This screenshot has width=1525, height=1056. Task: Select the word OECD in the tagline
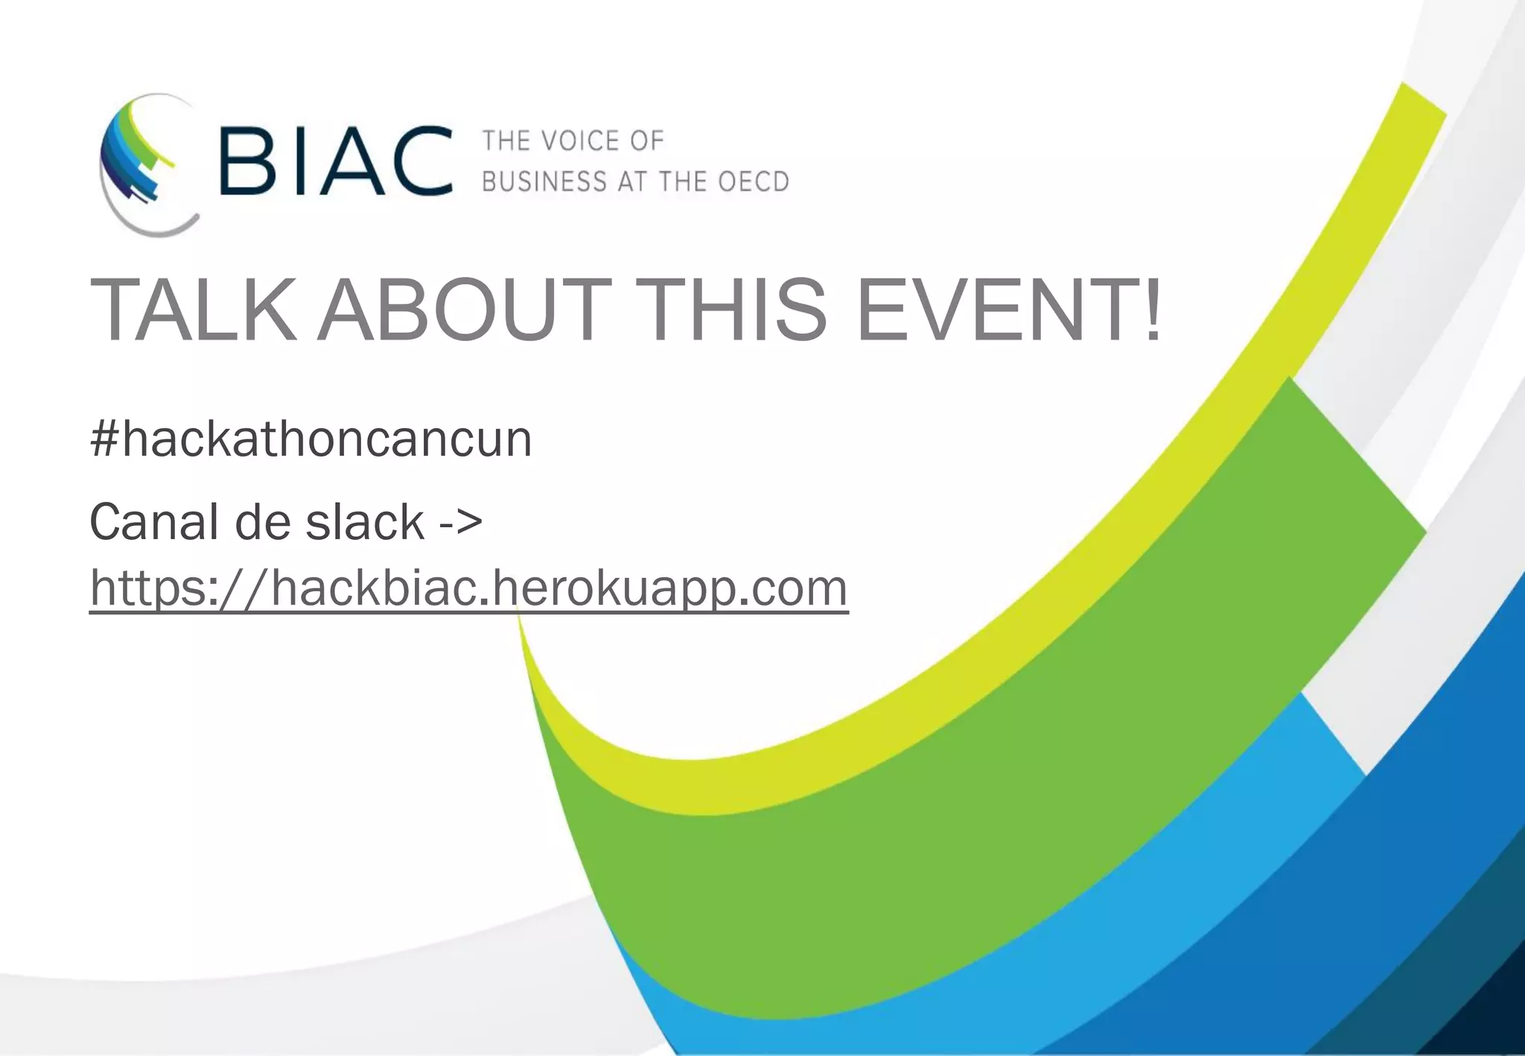pyautogui.click(x=753, y=182)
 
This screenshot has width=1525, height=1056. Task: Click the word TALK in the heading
pyautogui.click(x=189, y=310)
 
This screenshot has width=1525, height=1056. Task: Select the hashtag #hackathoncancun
pyautogui.click(x=311, y=439)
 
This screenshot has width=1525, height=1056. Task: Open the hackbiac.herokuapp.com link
pyautogui.click(x=469, y=588)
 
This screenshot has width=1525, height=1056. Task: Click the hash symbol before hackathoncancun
pyautogui.click(x=104, y=439)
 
